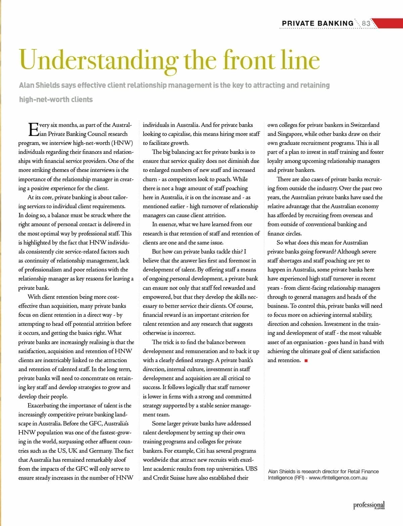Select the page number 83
366,24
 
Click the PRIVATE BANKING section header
317,24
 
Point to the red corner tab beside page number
386,24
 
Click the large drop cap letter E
33,129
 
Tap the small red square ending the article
306,361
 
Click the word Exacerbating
46,405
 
